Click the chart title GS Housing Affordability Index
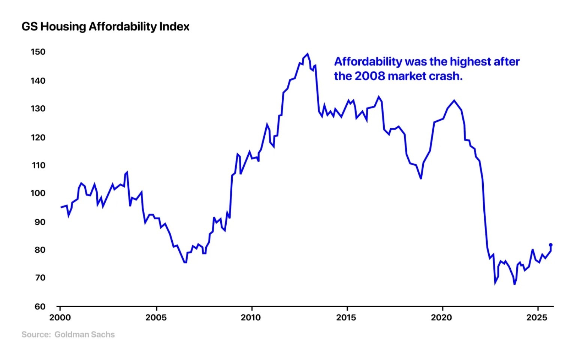pos(105,27)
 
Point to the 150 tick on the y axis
pos(38,52)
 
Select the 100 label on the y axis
pos(38,193)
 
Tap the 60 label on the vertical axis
pos(40,306)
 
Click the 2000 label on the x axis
pos(60,318)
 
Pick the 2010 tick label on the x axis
pos(251,318)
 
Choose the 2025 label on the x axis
pos(537,318)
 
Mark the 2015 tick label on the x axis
pos(346,318)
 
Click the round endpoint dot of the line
pos(550,245)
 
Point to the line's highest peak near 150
pos(307,54)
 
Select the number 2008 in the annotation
pos(369,76)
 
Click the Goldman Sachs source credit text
pos(84,334)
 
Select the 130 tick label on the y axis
pos(38,109)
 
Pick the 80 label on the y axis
pos(40,250)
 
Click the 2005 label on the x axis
pos(156,318)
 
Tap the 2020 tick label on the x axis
pos(441,318)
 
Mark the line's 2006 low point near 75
pos(185,262)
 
